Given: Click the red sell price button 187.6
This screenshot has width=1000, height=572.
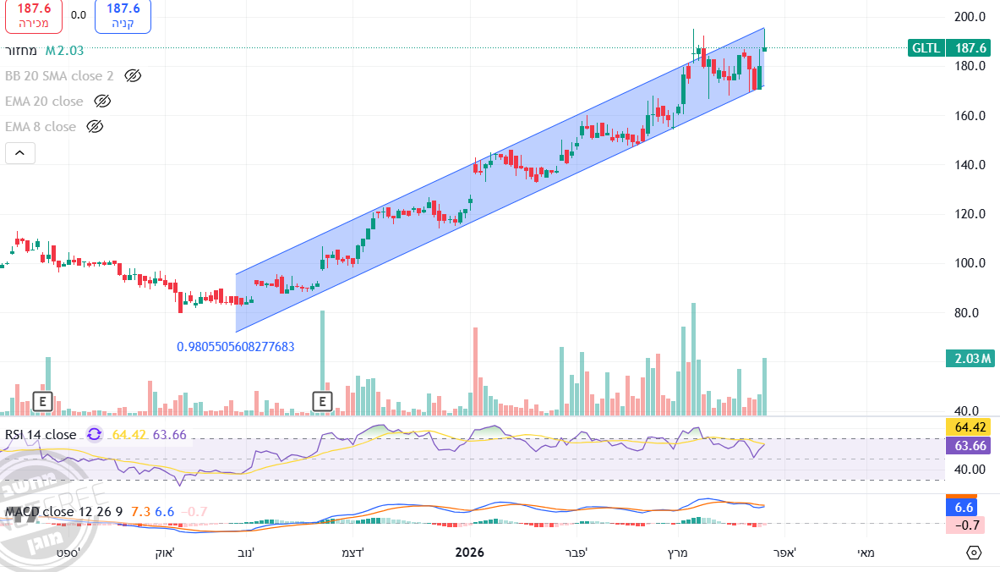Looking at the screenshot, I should (x=34, y=15).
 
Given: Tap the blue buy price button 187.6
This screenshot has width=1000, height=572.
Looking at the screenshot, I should (x=123, y=15).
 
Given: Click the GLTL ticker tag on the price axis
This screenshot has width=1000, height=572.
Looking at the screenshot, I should (x=926, y=48).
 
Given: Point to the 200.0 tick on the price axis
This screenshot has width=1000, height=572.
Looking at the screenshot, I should (x=970, y=17).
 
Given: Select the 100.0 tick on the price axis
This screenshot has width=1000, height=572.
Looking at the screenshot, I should (x=970, y=263).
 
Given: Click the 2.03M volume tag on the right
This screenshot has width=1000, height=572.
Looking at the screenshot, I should (x=968, y=360).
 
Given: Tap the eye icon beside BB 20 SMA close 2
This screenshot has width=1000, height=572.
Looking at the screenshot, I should (x=132, y=76).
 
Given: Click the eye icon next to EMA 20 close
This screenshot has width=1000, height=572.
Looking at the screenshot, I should (x=102, y=102).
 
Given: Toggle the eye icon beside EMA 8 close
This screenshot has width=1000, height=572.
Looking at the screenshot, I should (x=95, y=127).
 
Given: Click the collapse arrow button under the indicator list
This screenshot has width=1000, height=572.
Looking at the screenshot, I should (x=20, y=153).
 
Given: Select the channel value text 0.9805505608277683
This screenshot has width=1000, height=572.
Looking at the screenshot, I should (x=236, y=347).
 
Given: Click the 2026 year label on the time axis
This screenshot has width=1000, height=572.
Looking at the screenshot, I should (x=469, y=553).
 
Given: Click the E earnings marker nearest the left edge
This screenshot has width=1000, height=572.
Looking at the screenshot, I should (x=41, y=401).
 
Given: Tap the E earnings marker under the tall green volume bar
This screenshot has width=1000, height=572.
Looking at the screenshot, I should (x=322, y=401).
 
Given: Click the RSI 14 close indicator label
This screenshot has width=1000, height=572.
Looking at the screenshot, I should (x=41, y=435).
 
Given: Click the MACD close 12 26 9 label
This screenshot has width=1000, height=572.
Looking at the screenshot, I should (x=63, y=512).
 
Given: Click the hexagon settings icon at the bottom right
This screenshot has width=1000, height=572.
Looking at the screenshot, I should (x=974, y=553).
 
